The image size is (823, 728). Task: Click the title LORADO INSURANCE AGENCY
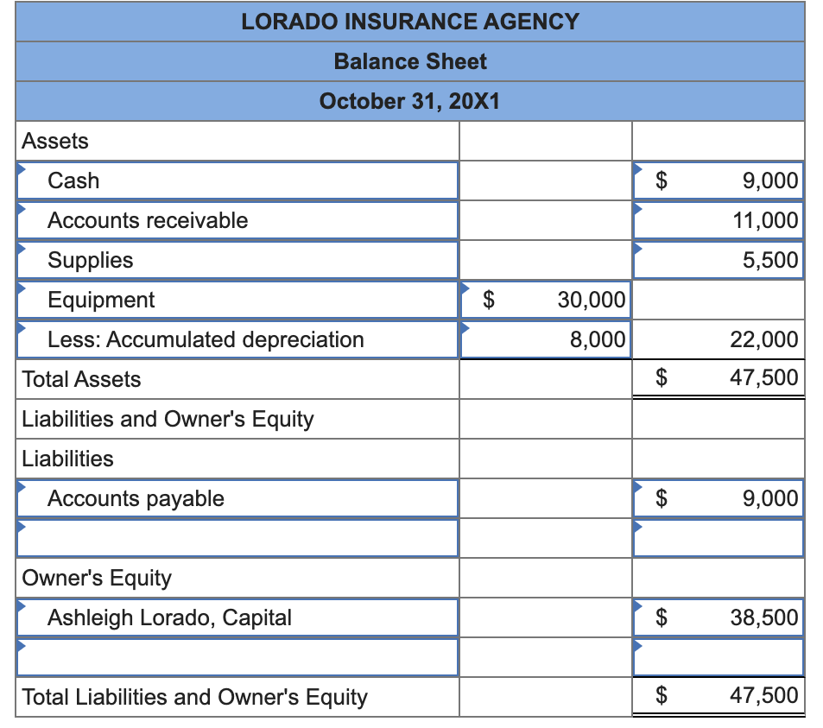(x=410, y=22)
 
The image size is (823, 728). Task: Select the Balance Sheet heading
(x=410, y=61)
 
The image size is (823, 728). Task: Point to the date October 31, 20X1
(x=410, y=101)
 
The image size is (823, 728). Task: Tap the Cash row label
(x=73, y=180)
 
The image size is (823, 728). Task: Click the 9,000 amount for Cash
(x=770, y=180)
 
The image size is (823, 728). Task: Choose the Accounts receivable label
(x=148, y=220)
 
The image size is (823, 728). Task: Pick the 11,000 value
(x=765, y=220)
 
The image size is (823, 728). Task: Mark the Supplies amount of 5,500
(x=770, y=260)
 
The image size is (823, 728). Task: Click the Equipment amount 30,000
(x=592, y=300)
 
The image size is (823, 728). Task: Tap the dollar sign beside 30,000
(x=489, y=300)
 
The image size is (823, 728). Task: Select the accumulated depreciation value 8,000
(x=598, y=339)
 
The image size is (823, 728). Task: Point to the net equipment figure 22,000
(x=764, y=339)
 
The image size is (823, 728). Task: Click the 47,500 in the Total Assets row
(x=764, y=378)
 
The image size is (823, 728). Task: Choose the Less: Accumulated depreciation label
(x=206, y=339)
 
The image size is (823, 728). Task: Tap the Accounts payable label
(x=136, y=498)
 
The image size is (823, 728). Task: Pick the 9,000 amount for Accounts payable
(x=770, y=498)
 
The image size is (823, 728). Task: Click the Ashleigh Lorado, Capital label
(x=169, y=617)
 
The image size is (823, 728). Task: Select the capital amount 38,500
(x=764, y=617)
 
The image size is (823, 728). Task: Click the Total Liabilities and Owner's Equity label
(x=194, y=697)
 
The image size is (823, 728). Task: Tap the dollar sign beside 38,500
(x=662, y=617)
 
